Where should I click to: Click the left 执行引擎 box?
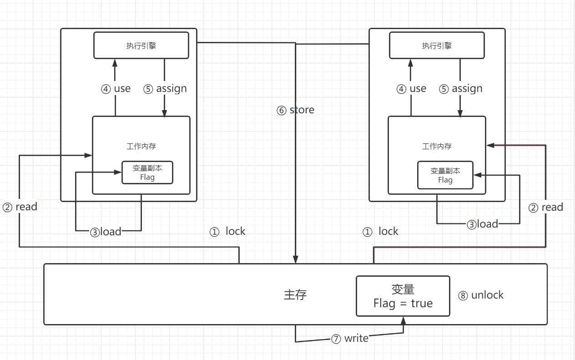[141, 45]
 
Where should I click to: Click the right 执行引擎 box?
[437, 45]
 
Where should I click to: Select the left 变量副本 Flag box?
[147, 172]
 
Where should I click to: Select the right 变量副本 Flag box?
[445, 175]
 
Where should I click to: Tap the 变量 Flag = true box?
[403, 296]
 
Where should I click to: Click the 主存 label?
[295, 295]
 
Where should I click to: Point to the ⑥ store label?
[295, 110]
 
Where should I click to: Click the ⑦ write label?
[350, 339]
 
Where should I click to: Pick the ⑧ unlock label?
[481, 295]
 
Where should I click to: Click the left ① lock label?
[227, 232]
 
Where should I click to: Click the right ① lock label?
[380, 232]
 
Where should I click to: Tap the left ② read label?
[20, 207]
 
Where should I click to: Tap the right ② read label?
[546, 208]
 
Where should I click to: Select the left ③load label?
[106, 232]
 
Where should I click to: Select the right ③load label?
[482, 224]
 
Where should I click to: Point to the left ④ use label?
[116, 89]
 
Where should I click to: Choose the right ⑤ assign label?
[461, 89]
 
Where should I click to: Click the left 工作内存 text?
[141, 147]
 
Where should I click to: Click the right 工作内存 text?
[437, 147]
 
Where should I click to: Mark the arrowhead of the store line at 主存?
[296, 260]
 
